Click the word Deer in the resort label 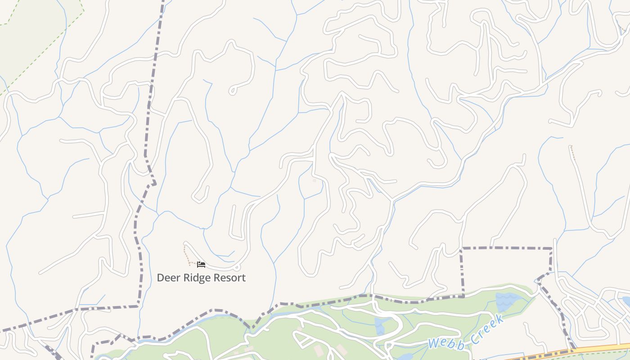(x=167, y=278)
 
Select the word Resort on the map (x=229, y=278)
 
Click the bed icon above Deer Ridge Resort (x=201, y=264)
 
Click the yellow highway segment (x=598, y=349)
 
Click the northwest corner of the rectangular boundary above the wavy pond (x=462, y=248)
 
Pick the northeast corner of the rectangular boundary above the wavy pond (x=552, y=248)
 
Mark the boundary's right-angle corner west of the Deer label (x=138, y=306)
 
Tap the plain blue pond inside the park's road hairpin (x=379, y=325)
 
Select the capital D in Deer (x=160, y=278)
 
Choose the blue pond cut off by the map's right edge (x=626, y=301)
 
